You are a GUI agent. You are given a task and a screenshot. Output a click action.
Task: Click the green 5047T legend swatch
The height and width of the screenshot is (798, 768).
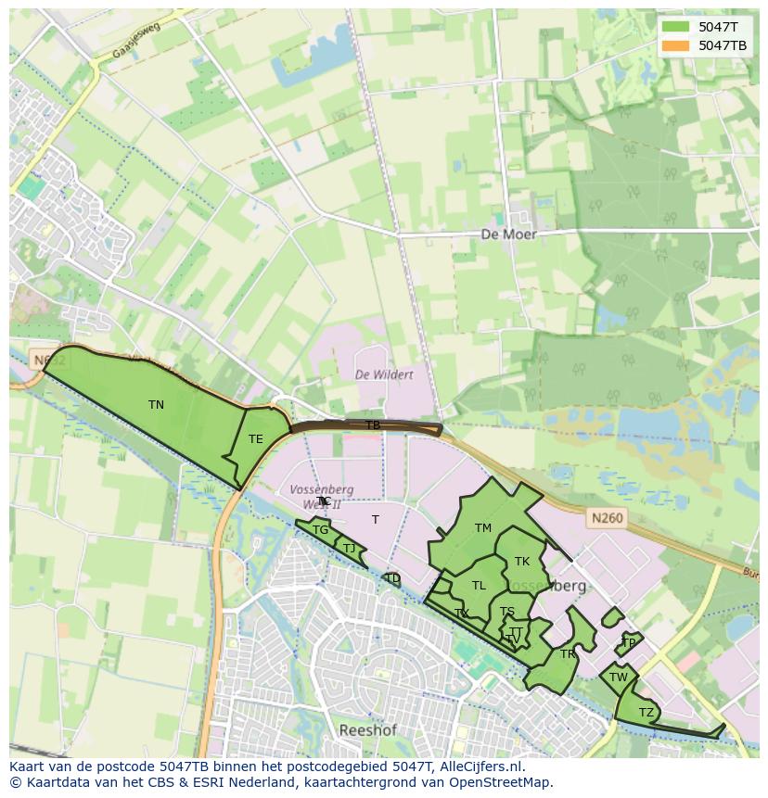pyautogui.click(x=677, y=27)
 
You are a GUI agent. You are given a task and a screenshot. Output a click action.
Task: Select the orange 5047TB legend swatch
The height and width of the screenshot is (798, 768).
pyautogui.click(x=677, y=45)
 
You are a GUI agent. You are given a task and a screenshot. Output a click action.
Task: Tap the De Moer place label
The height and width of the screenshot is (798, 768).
pyautogui.click(x=508, y=234)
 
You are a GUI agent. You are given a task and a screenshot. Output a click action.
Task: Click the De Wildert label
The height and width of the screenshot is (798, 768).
pyautogui.click(x=385, y=374)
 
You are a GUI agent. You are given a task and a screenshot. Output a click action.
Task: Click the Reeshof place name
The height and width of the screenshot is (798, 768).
pyautogui.click(x=368, y=730)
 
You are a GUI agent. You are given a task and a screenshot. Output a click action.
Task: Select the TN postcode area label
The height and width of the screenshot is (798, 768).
pyautogui.click(x=156, y=405)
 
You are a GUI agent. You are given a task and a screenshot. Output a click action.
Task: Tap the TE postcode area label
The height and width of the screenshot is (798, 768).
pyautogui.click(x=255, y=439)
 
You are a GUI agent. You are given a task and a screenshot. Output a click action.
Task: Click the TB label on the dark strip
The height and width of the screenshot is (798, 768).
pyautogui.click(x=372, y=425)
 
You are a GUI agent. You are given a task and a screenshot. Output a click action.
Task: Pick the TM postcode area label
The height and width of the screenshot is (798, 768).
pyautogui.click(x=482, y=528)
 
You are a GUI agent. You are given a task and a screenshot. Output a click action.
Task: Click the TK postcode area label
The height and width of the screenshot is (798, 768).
pyautogui.click(x=522, y=562)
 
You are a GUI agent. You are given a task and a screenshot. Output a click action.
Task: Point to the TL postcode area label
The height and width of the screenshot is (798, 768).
pyautogui.click(x=479, y=586)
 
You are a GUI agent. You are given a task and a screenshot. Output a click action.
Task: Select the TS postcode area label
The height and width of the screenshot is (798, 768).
pyautogui.click(x=507, y=612)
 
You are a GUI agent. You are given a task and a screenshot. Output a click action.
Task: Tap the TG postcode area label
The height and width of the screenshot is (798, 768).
pyautogui.click(x=320, y=530)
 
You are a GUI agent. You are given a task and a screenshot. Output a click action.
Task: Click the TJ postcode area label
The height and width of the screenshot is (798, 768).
pyautogui.click(x=349, y=549)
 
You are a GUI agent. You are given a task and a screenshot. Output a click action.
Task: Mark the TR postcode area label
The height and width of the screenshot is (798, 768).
pyautogui.click(x=568, y=654)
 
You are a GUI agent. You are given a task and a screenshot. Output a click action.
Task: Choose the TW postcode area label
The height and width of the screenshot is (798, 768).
pyautogui.click(x=619, y=678)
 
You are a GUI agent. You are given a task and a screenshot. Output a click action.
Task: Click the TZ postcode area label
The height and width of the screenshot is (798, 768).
pyautogui.click(x=646, y=712)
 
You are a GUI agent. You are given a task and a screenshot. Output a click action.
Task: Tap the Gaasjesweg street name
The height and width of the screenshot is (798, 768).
pyautogui.click(x=136, y=42)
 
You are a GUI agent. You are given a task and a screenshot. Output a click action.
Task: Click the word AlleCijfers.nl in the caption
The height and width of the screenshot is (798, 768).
pyautogui.click(x=480, y=766)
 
